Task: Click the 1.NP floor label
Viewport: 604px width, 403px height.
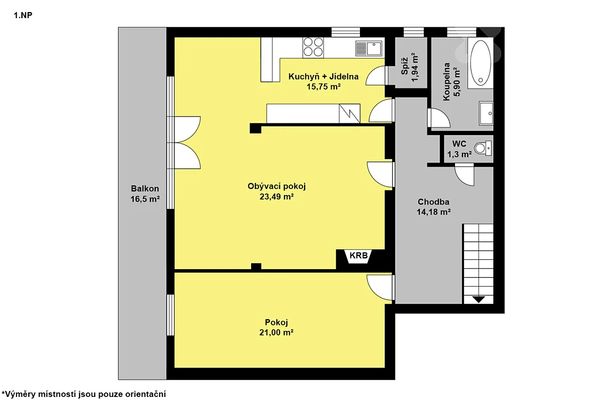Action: (x=23, y=16)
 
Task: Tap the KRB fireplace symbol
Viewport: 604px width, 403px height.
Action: (x=358, y=256)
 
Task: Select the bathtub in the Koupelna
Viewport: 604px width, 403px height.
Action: (x=480, y=63)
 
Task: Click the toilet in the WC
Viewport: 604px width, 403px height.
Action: (x=483, y=148)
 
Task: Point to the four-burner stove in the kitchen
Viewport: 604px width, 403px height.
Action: (x=313, y=47)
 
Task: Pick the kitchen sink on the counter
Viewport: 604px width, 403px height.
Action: (x=369, y=48)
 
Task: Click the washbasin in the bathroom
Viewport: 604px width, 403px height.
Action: (x=486, y=113)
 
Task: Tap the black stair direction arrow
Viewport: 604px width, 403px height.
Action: (x=478, y=299)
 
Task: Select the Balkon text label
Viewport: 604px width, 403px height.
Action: (x=145, y=188)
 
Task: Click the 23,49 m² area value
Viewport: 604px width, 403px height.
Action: (x=277, y=197)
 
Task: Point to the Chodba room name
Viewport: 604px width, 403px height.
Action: (x=433, y=201)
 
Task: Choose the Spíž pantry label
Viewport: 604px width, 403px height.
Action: (x=404, y=66)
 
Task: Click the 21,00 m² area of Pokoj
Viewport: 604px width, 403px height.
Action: (x=276, y=332)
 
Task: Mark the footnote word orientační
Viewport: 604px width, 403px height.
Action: (x=146, y=394)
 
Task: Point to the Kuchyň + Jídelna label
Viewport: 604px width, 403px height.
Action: (x=323, y=77)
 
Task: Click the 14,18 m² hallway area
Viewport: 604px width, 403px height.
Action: (x=433, y=212)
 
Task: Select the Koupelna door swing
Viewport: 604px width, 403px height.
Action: (x=439, y=118)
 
